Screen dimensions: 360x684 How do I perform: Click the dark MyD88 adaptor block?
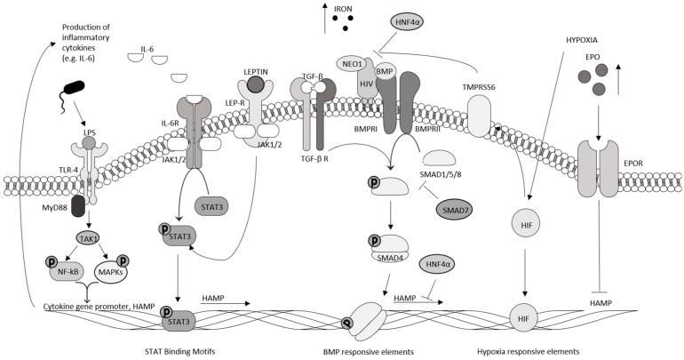pyautogui.click(x=78, y=204)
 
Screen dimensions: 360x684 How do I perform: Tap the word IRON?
pyautogui.click(x=345, y=11)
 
